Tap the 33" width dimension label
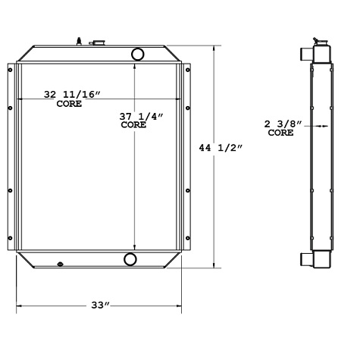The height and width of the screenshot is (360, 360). tap(100, 305)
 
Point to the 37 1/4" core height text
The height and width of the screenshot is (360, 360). tap(135, 115)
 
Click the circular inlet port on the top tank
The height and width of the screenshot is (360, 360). tap(139, 55)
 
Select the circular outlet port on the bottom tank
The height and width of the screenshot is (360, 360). tap(130, 260)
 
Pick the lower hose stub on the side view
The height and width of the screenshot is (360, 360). tap(305, 259)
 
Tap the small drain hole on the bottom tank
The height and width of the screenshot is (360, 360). tap(59, 264)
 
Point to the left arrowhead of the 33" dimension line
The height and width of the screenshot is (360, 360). tap(19, 306)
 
